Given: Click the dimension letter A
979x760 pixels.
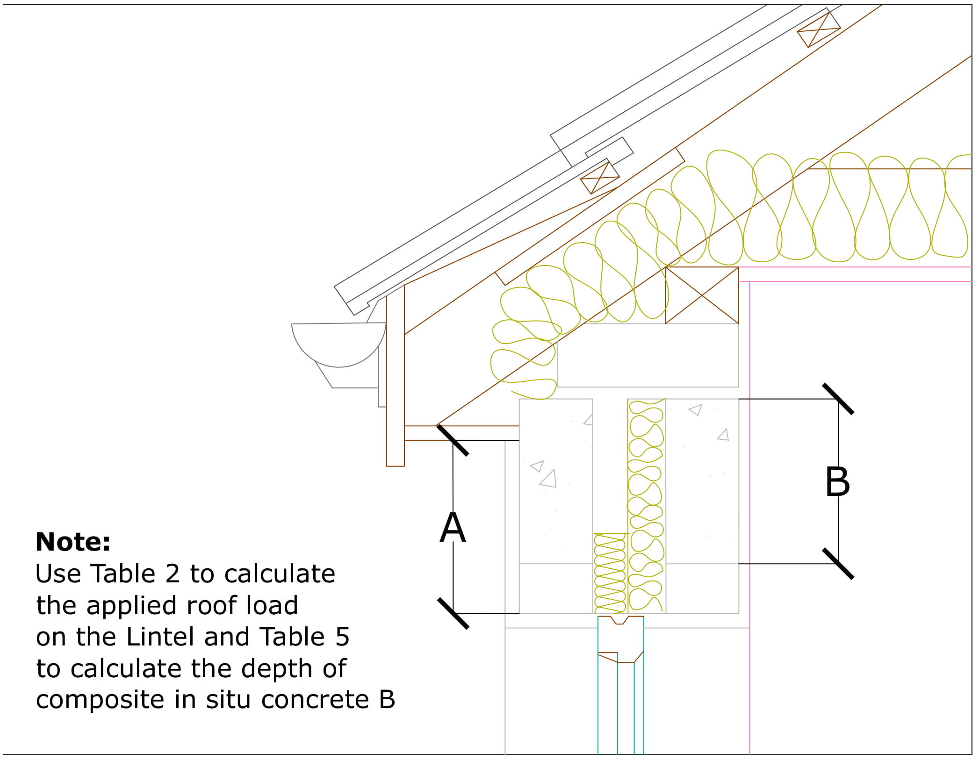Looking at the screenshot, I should (x=453, y=528).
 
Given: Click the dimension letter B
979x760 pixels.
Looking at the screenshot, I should (x=837, y=483).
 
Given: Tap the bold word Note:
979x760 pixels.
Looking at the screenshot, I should (x=73, y=542).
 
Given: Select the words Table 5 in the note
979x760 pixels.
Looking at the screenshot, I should (x=304, y=637).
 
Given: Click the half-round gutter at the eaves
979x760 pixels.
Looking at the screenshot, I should (x=338, y=344).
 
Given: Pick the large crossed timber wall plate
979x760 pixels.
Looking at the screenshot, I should (x=702, y=295).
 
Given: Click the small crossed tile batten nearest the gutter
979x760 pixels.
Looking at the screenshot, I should (x=600, y=178).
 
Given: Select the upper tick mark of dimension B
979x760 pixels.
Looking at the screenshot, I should (x=838, y=399).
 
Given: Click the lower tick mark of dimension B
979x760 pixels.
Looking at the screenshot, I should (x=838, y=564).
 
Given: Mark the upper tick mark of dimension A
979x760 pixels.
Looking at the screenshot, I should (x=453, y=440).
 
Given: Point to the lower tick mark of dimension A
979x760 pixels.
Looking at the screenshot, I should (x=453, y=613).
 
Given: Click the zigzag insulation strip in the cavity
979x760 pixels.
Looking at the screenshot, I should (x=609, y=573).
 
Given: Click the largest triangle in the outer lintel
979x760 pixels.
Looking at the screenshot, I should (x=549, y=480).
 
